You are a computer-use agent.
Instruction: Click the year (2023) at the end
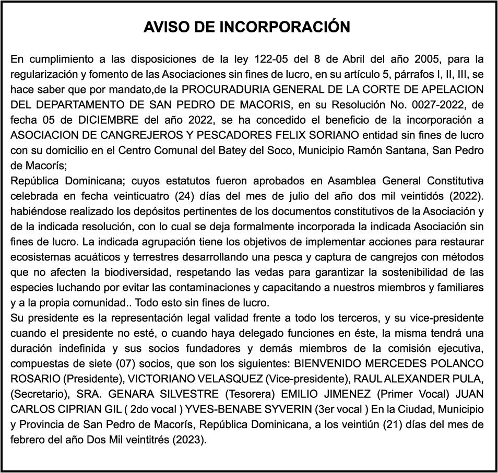189,439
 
